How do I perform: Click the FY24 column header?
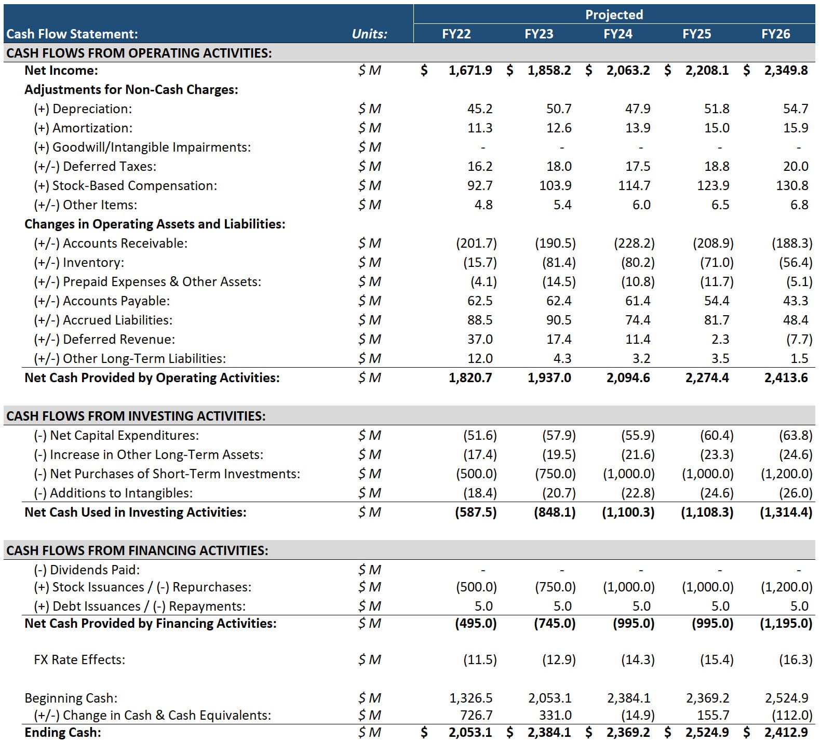click(617, 34)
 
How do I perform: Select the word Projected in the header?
click(614, 15)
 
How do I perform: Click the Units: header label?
click(369, 34)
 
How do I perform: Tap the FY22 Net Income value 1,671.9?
click(470, 71)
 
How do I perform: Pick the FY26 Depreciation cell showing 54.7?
click(795, 109)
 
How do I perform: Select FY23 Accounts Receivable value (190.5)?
click(555, 244)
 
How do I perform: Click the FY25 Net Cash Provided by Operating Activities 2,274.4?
click(707, 378)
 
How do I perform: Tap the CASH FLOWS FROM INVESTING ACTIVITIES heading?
click(136, 416)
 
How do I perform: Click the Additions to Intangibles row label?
click(113, 493)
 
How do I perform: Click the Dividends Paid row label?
click(87, 570)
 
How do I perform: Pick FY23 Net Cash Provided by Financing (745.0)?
click(555, 624)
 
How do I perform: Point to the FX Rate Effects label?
click(79, 660)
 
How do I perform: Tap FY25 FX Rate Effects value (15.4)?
click(717, 660)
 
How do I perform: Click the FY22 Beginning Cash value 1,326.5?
click(471, 698)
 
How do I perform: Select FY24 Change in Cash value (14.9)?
click(638, 716)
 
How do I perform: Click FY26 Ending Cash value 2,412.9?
click(786, 733)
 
